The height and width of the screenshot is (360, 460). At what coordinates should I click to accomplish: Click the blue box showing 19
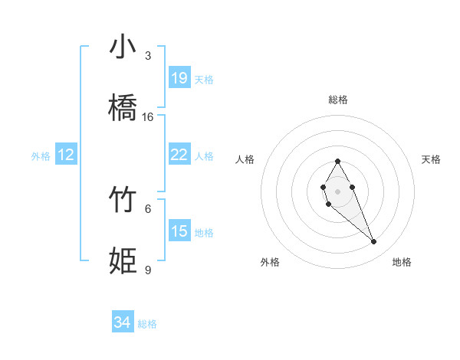(x=179, y=78)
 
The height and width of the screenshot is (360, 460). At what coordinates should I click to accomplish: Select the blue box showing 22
(x=179, y=155)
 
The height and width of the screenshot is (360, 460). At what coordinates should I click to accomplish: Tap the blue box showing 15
(x=179, y=231)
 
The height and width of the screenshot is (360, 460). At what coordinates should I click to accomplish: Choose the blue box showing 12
(x=66, y=155)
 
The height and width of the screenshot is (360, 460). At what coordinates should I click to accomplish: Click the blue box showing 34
(x=123, y=323)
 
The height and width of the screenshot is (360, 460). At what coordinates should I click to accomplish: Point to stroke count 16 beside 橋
(x=148, y=117)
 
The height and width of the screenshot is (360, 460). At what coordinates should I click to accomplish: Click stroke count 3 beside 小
(x=148, y=56)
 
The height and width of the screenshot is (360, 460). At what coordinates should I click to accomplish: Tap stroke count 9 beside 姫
(x=148, y=270)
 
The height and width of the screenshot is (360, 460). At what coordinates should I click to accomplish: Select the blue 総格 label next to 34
(x=147, y=324)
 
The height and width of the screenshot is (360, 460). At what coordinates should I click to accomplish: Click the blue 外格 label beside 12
(x=41, y=156)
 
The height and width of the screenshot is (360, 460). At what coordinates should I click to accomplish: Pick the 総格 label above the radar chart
(x=337, y=100)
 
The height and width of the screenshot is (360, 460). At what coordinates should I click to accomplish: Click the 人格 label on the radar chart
(x=245, y=159)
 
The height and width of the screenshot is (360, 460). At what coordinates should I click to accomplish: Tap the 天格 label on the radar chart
(x=431, y=159)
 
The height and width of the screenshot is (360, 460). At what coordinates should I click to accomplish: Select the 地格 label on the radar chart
(x=402, y=262)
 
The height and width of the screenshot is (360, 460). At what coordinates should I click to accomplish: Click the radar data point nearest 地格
(x=374, y=242)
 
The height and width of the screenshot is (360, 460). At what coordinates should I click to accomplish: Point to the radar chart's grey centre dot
(x=337, y=190)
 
